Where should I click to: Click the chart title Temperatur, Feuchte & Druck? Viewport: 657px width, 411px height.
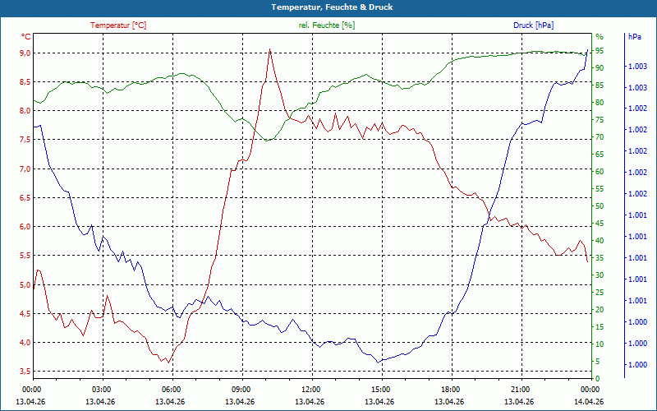coord(328,7)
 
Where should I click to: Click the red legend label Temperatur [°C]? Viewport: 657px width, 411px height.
coord(118,25)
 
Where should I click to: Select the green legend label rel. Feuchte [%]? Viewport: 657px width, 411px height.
coord(327,25)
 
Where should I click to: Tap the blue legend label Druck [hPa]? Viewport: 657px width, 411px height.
coord(533,25)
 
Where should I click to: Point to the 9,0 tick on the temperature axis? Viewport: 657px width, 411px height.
coord(25,53)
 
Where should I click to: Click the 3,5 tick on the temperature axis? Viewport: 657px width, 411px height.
coord(25,372)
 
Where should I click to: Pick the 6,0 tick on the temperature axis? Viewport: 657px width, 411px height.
coord(25,227)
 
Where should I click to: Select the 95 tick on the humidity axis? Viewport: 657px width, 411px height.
coord(600,50)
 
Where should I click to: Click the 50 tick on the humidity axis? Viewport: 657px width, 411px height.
coord(600,206)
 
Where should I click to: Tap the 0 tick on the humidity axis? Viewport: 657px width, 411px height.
coord(597,378)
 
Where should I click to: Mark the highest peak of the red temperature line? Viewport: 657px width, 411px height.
coord(269,48)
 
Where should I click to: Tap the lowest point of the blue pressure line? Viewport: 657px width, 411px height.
coord(379,362)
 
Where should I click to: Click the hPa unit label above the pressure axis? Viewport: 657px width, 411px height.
coord(635,37)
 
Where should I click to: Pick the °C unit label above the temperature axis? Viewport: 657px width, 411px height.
coord(25,37)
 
